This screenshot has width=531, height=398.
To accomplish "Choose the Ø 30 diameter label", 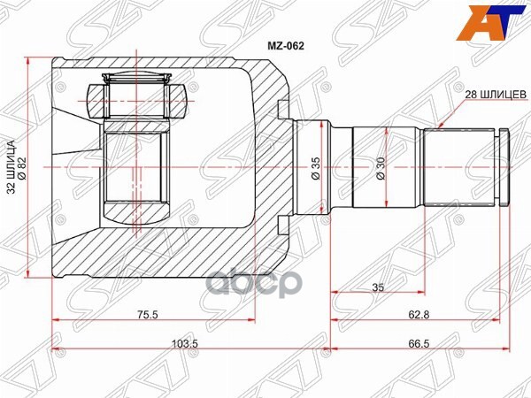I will pyautogui.click(x=379, y=168).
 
